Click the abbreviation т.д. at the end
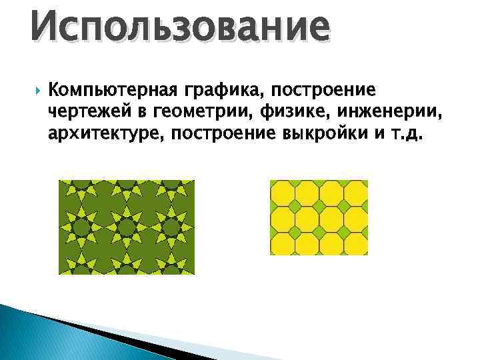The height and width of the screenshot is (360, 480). [404, 134]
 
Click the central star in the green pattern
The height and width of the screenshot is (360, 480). [126, 227]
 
